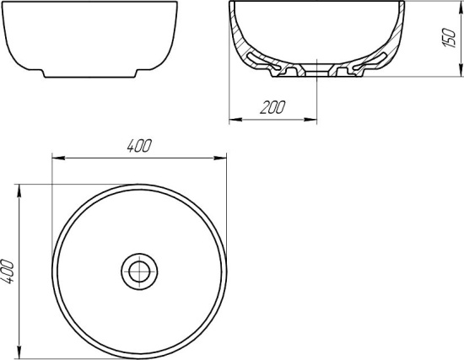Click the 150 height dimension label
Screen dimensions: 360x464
pos(451,38)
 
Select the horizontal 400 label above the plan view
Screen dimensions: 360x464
pos(139,145)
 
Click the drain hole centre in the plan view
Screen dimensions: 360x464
pos(139,271)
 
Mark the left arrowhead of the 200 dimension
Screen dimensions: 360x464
pos(234,119)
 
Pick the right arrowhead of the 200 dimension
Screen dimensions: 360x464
pos(314,119)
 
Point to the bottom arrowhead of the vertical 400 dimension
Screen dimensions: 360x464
pos(21,353)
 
